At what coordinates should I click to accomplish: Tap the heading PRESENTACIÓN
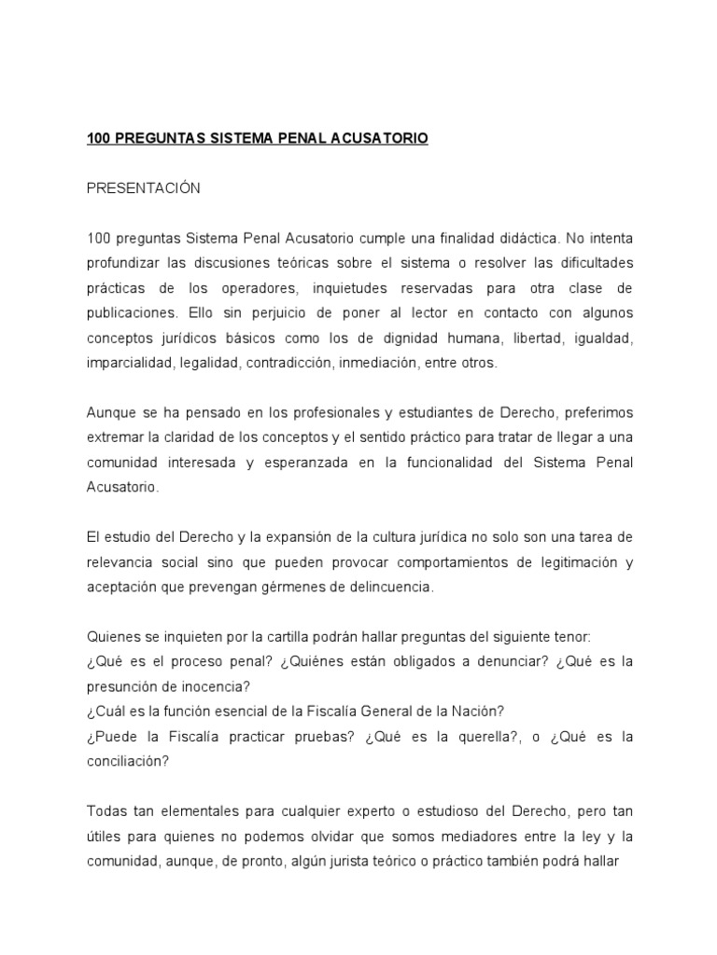tap(143, 188)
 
